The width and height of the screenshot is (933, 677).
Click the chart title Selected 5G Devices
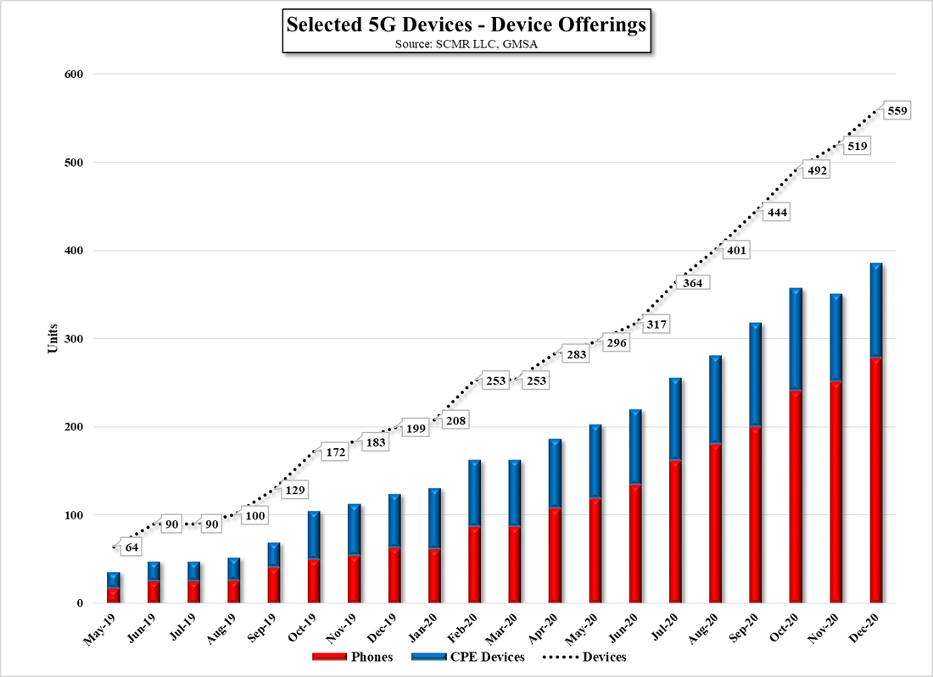coord(466,25)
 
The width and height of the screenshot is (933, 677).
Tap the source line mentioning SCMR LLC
coord(466,44)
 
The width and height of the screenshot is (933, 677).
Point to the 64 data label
coord(131,547)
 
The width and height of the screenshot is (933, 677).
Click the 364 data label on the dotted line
coord(692,283)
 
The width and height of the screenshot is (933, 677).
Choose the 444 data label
coord(775,213)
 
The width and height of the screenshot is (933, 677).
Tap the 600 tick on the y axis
coord(73,75)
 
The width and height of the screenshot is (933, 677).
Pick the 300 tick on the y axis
coord(73,339)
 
